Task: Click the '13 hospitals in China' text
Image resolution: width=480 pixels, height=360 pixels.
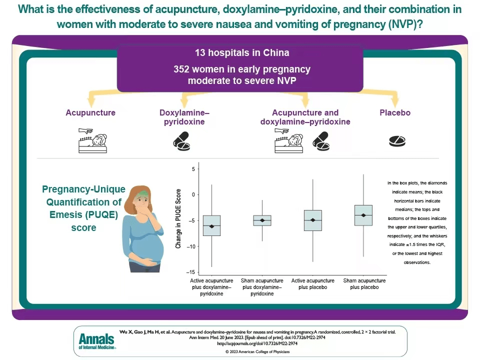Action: click(x=242, y=52)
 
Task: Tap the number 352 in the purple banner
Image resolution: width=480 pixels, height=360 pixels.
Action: click(x=181, y=69)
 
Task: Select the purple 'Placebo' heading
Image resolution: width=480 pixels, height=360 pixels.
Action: click(x=395, y=112)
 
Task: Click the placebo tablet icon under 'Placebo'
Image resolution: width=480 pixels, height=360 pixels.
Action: click(x=397, y=141)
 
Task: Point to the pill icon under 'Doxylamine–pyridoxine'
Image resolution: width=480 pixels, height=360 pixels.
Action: click(x=182, y=141)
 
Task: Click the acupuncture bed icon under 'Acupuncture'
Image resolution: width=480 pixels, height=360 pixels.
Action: click(x=92, y=140)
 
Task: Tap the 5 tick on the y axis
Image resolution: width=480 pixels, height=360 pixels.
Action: click(x=193, y=169)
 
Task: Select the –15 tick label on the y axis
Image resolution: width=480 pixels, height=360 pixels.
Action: click(x=190, y=272)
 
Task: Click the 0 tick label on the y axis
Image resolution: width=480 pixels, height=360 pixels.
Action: click(x=193, y=194)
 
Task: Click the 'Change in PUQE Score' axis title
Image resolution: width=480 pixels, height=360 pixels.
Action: click(x=178, y=218)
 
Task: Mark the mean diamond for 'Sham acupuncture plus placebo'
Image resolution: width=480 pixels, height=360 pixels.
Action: click(x=363, y=215)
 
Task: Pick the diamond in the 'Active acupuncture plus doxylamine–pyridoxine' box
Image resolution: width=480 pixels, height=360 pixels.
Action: click(x=211, y=226)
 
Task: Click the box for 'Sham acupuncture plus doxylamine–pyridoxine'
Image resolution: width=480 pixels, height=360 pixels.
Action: click(x=262, y=220)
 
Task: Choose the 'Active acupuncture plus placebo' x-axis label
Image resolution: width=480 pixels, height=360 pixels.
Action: click(x=313, y=284)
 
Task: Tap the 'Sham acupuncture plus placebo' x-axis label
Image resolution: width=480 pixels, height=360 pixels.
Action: click(x=364, y=284)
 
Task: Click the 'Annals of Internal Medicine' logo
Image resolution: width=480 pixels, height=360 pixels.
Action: click(x=97, y=341)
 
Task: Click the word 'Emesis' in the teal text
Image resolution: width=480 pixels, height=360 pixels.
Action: click(x=65, y=214)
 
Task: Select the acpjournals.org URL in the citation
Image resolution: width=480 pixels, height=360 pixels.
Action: click(x=257, y=343)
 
